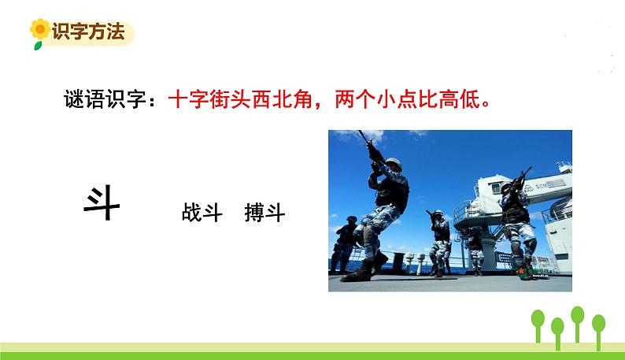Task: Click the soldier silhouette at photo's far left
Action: pos(344,244)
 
